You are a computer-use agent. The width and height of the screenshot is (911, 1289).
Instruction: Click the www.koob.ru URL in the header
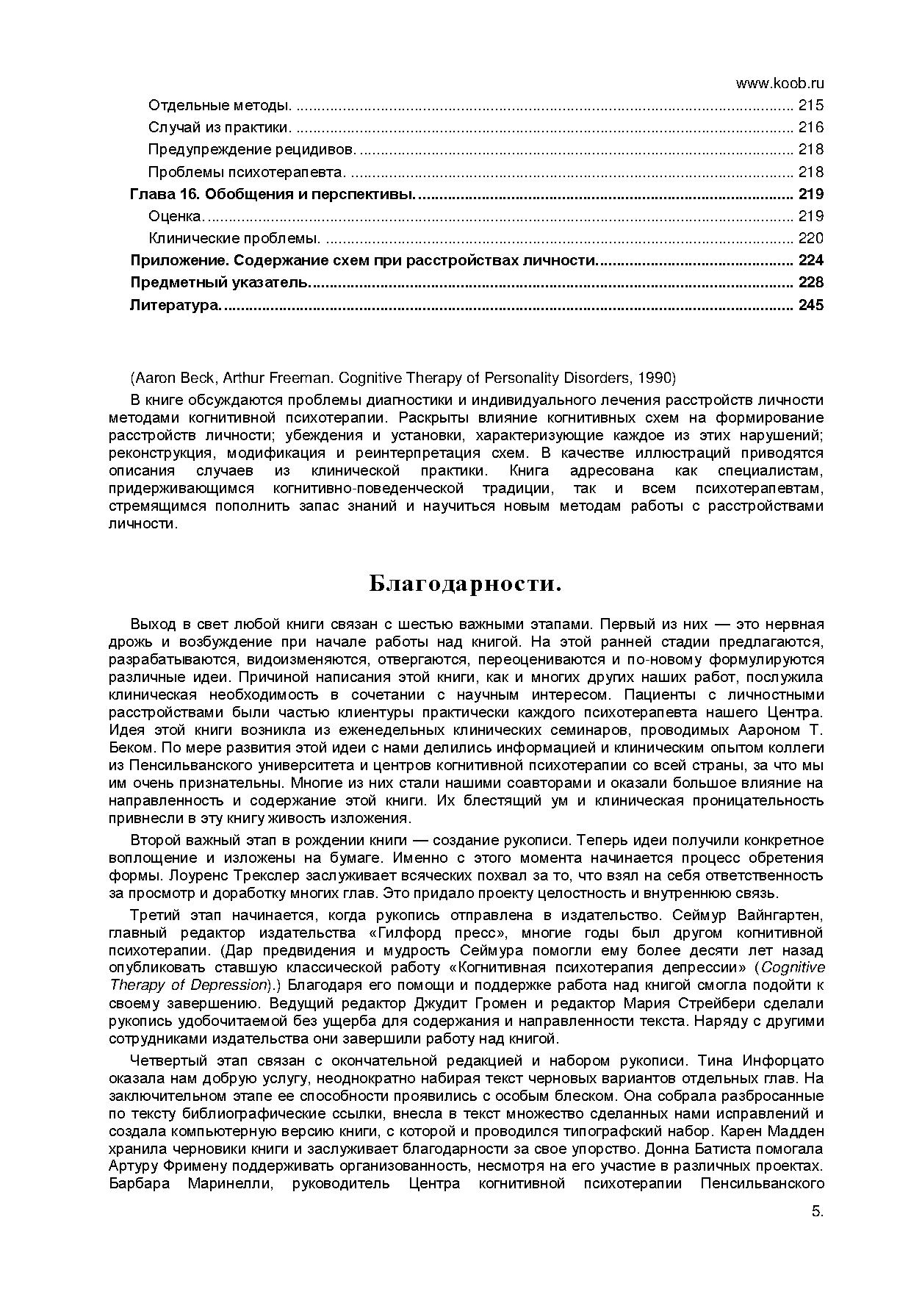(779, 83)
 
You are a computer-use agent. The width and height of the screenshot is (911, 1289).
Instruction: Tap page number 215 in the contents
(811, 105)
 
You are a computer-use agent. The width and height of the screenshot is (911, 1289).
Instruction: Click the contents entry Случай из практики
(220, 127)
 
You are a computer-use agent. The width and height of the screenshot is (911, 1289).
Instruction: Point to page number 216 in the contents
(811, 127)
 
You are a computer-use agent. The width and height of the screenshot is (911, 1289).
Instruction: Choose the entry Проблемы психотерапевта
(247, 172)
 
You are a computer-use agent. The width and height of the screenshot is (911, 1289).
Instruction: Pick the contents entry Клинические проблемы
(234, 238)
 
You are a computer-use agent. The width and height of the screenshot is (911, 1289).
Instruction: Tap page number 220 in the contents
(811, 238)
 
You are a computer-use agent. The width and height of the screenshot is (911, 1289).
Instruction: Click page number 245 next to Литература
(810, 304)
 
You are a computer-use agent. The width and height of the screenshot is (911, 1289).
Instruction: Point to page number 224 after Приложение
(810, 260)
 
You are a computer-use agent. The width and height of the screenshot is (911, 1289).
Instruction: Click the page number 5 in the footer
(817, 1213)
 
